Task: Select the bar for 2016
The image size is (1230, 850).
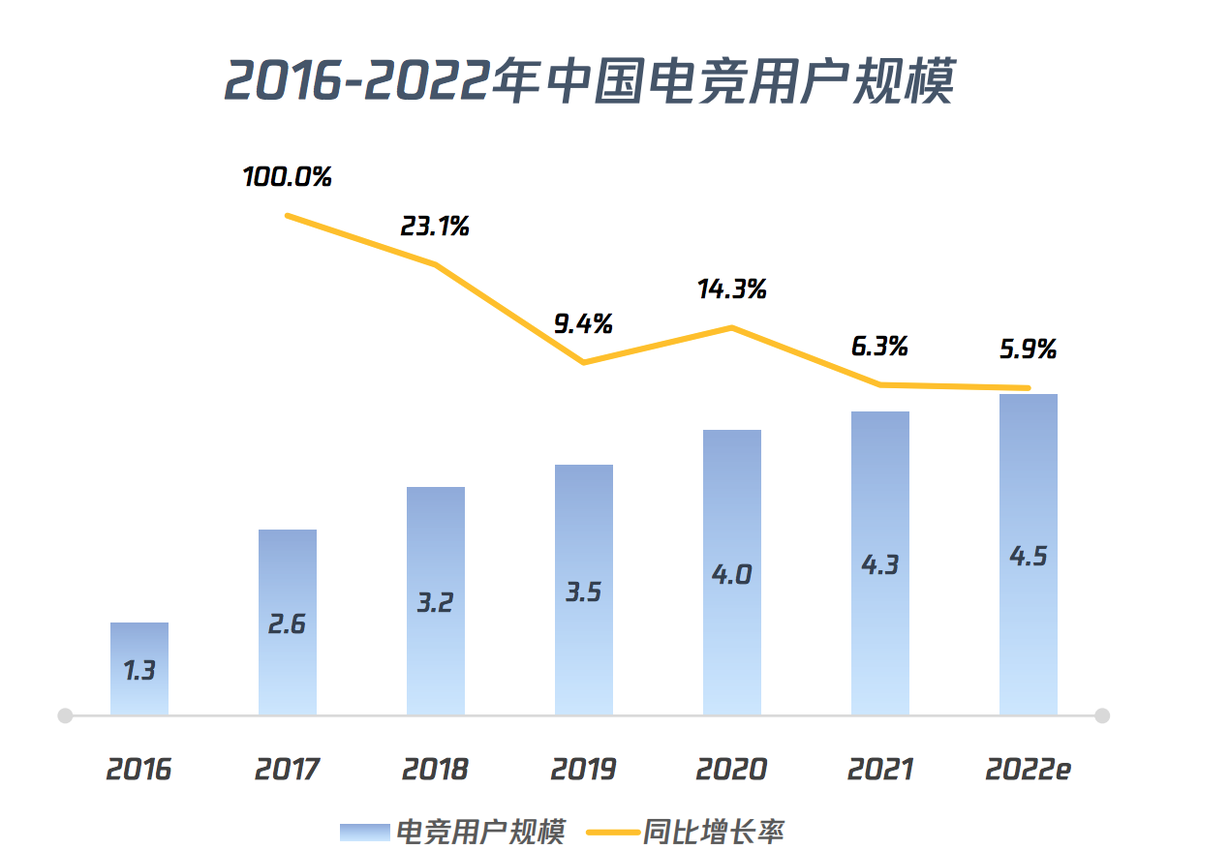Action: pyautogui.click(x=139, y=669)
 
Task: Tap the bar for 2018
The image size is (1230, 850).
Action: pyautogui.click(x=436, y=600)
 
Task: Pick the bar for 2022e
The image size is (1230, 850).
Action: pyautogui.click(x=1028, y=554)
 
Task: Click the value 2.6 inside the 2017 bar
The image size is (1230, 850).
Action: pyautogui.click(x=287, y=624)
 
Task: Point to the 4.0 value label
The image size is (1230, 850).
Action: pyautogui.click(x=732, y=574)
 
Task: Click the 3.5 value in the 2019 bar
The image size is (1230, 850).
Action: pyautogui.click(x=584, y=592)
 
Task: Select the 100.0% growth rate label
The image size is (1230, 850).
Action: pyautogui.click(x=288, y=177)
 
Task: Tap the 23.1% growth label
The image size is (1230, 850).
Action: pyautogui.click(x=435, y=227)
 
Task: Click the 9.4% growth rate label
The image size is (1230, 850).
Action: pyautogui.click(x=583, y=324)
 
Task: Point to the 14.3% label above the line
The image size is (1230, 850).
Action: pyautogui.click(x=732, y=288)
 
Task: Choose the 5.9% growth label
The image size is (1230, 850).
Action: pyautogui.click(x=1028, y=349)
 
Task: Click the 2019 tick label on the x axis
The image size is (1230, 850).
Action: pyautogui.click(x=583, y=770)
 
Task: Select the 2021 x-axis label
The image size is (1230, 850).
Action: pyautogui.click(x=879, y=770)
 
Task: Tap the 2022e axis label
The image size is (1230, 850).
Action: pyautogui.click(x=1028, y=770)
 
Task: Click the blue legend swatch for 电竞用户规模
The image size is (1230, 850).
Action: pyautogui.click(x=364, y=832)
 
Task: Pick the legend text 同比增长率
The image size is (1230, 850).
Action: pyautogui.click(x=713, y=832)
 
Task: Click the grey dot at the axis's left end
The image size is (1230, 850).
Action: pyautogui.click(x=65, y=715)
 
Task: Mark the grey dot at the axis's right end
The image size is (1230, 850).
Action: pyautogui.click(x=1101, y=715)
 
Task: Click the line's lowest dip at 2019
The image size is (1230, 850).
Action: pyautogui.click(x=584, y=362)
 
